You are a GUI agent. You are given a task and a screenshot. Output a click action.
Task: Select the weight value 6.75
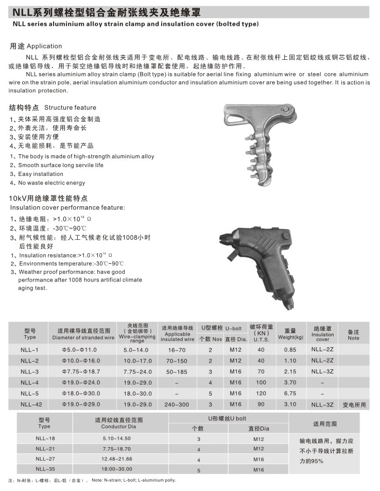point(290,394)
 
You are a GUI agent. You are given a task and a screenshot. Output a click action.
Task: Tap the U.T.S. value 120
point(261,394)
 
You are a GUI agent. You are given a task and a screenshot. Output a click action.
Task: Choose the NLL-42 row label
point(30,404)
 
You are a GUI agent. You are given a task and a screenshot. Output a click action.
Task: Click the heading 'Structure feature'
point(70,108)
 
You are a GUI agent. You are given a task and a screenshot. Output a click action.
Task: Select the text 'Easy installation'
point(41,174)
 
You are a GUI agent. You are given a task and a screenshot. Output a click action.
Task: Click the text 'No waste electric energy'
point(51,183)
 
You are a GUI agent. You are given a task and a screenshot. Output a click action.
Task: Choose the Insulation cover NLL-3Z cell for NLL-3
point(322,371)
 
